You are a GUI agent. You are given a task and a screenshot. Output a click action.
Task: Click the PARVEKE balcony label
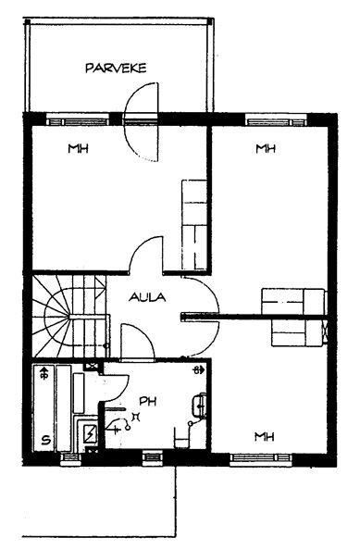click(116, 68)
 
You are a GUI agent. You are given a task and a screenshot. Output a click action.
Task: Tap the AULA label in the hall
click(147, 297)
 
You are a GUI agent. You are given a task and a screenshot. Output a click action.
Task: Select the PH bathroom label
click(147, 401)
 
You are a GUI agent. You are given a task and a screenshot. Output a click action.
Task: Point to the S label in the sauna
click(45, 440)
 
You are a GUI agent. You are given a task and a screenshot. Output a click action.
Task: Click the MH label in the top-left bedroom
click(78, 149)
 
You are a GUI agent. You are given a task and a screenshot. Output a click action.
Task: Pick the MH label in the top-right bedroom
click(266, 149)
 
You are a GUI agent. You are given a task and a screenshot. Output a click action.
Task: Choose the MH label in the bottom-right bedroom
click(265, 437)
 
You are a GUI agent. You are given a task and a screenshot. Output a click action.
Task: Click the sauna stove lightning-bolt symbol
click(91, 433)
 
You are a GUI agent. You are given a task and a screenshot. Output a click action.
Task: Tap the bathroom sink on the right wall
click(199, 406)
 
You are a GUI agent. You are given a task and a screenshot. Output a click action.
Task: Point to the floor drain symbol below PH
click(135, 417)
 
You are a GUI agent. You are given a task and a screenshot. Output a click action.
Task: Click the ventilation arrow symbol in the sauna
click(44, 373)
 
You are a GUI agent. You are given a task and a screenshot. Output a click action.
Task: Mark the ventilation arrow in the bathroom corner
click(199, 370)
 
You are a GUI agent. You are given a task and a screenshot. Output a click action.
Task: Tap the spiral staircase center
click(68, 316)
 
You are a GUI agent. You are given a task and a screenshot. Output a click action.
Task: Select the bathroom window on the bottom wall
click(153, 458)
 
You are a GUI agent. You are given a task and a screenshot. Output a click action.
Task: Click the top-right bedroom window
click(277, 120)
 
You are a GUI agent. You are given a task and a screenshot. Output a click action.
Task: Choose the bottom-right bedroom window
click(261, 459)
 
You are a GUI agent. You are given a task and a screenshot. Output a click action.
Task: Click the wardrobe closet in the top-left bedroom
click(194, 224)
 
